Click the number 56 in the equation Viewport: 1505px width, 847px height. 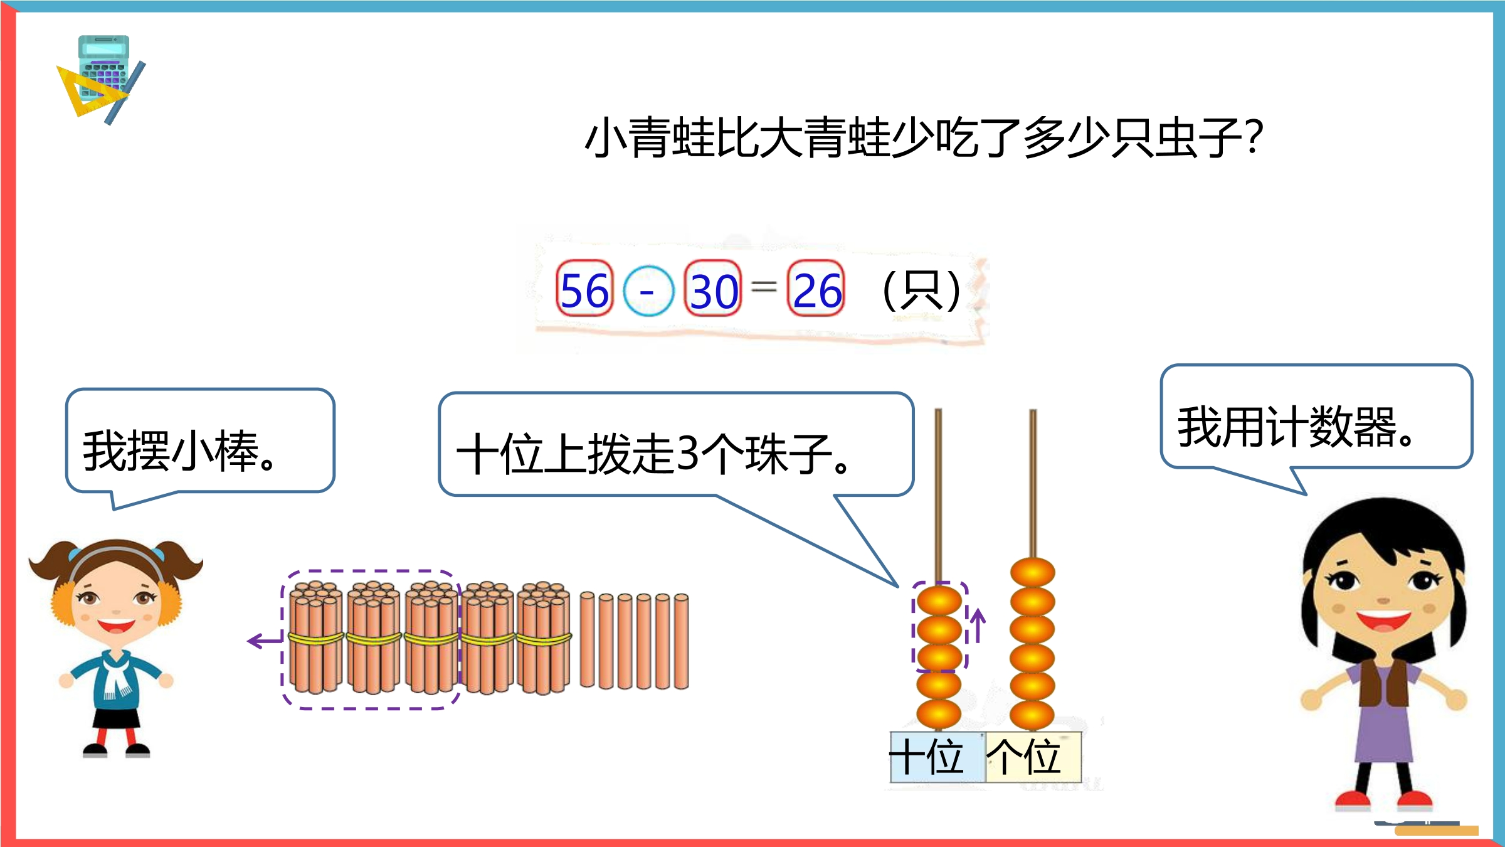click(584, 290)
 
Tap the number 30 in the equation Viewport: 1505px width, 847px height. click(714, 291)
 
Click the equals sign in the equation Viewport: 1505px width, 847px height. click(764, 287)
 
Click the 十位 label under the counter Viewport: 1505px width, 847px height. click(927, 757)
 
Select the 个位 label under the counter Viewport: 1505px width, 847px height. click(1023, 757)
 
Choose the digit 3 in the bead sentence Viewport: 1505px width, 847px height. click(689, 454)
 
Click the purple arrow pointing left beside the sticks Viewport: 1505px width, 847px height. click(265, 641)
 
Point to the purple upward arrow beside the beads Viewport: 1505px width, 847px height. click(978, 625)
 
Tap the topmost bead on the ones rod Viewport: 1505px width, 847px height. click(1032, 573)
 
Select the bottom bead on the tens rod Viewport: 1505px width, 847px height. click(939, 714)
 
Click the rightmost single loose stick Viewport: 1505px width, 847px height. click(682, 641)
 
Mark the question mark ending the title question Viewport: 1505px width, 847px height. click(1254, 137)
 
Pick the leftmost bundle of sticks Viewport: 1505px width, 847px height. click(315, 637)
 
